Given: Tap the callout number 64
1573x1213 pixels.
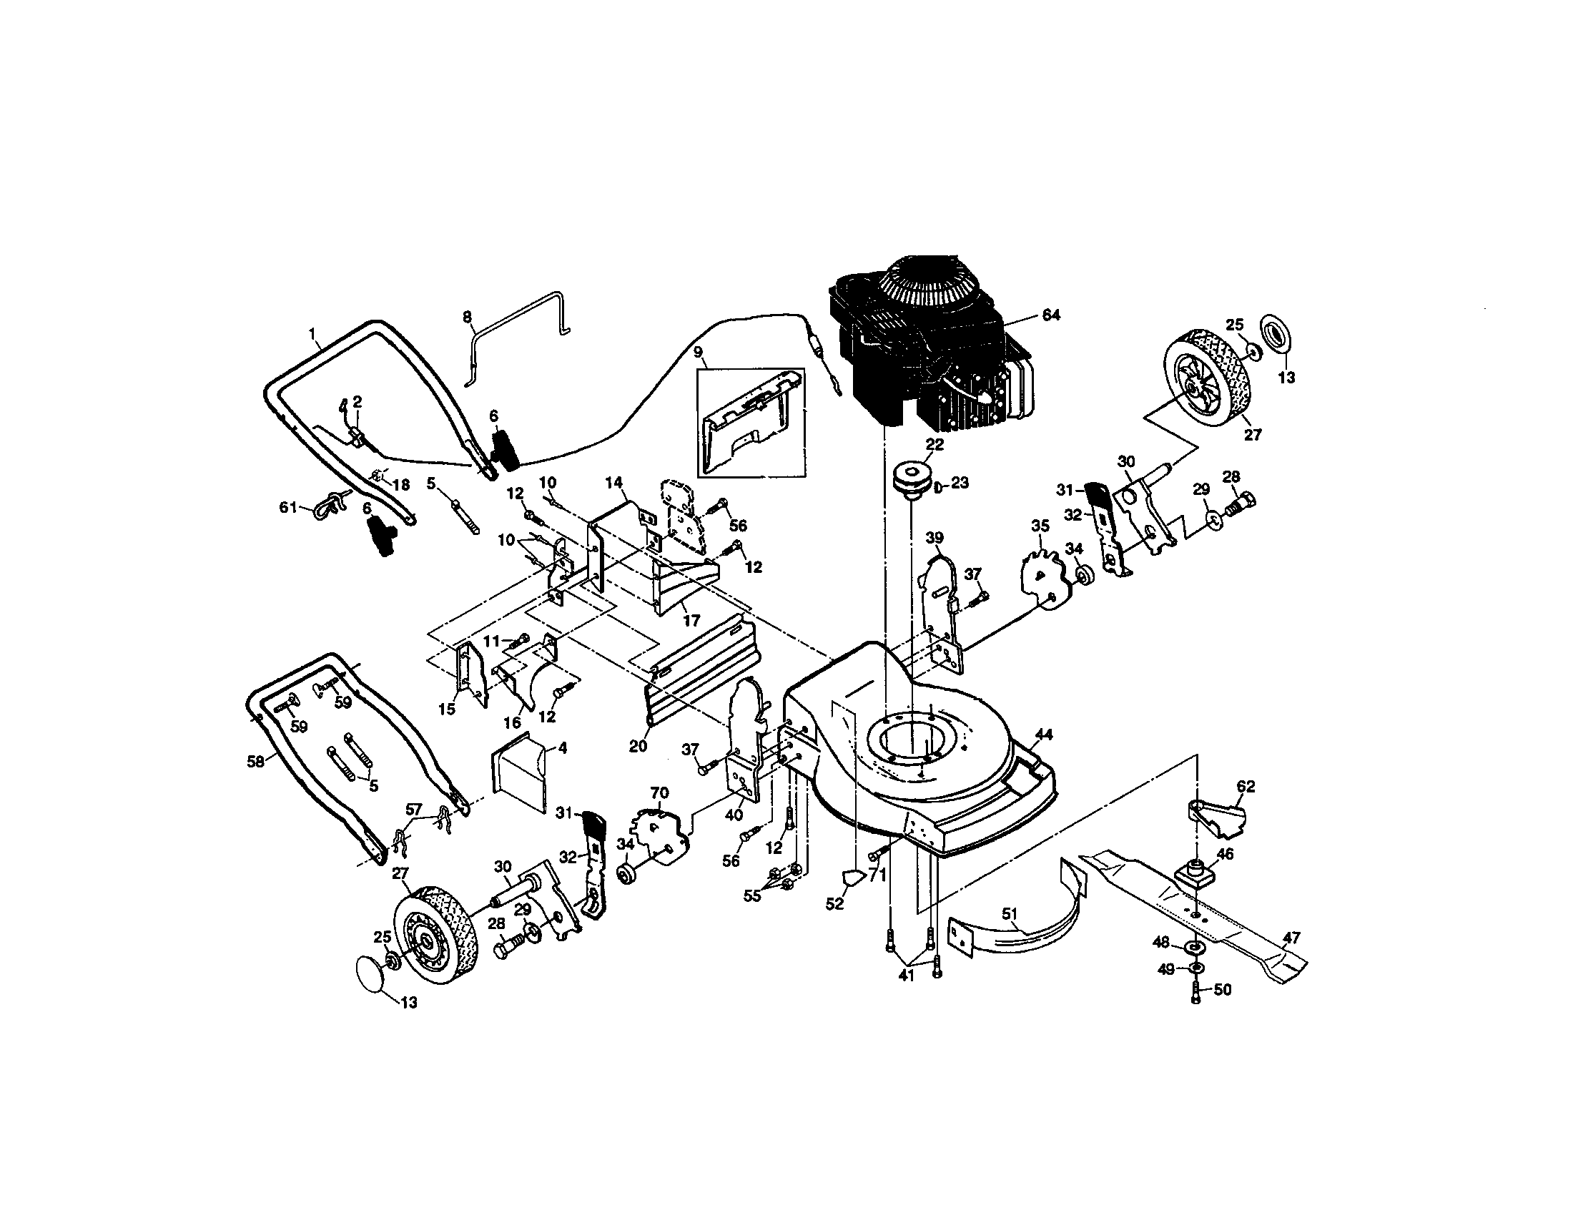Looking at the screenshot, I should pos(1051,315).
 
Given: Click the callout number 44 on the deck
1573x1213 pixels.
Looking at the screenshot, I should pos(1043,735).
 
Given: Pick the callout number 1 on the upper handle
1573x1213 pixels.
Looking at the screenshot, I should pos(312,333).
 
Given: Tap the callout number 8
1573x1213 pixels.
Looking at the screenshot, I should pos(467,316).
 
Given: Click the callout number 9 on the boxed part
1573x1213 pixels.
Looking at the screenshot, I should pos(697,351).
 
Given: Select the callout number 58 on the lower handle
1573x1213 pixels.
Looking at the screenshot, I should pos(256,762).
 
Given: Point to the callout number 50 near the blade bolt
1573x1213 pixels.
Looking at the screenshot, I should pos(1223,990).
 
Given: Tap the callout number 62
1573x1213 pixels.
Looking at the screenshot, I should pos(1246,787).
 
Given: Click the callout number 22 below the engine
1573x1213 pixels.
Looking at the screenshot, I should pos(935,445).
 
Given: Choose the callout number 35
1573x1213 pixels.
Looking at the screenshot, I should pos(1040,526).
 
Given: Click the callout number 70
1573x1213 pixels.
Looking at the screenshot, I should pos(659,794).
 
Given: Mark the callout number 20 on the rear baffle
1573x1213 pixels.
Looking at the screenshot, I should pos(638,746).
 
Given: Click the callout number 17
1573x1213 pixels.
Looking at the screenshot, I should pos(691,620).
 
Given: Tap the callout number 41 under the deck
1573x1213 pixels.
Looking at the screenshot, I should pos(906,976).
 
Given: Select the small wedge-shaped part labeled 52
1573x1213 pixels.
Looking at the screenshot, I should pos(854,877).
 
